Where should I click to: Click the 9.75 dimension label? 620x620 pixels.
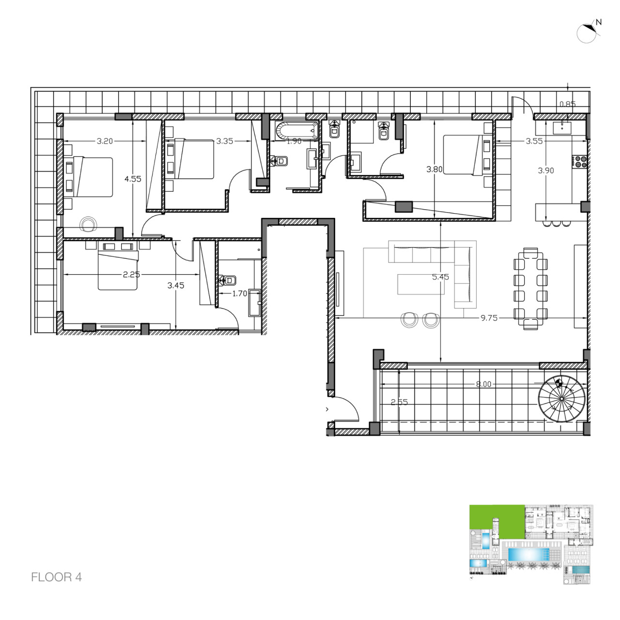coord(489,318)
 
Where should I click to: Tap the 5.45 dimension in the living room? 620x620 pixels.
coord(440,277)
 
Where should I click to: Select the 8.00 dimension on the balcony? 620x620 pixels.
coord(483,384)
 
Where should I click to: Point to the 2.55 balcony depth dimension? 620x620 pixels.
coord(399,402)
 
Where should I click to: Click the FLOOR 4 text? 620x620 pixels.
coord(56,577)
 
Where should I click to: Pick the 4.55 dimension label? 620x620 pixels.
coord(133,179)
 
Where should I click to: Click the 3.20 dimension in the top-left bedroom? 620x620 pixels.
coord(105,141)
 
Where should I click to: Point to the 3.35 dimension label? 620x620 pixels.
coord(225,141)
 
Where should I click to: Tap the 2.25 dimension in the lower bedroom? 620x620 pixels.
coord(131,274)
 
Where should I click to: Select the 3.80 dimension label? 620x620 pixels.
coord(434,170)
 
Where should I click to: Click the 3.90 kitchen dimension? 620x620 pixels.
coord(546,170)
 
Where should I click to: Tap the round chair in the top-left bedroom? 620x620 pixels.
coord(88,223)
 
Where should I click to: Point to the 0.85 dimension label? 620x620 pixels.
coord(567,104)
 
